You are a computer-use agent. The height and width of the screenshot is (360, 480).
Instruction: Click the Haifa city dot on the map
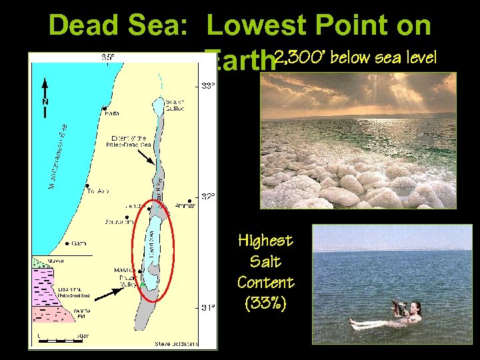point(105,107)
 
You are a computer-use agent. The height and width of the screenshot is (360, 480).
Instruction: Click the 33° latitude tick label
point(209,85)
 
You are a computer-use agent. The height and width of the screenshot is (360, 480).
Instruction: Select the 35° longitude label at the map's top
point(108,57)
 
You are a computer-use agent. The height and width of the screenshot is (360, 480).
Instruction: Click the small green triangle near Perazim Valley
point(142,285)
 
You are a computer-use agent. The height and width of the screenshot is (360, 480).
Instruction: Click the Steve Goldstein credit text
point(177,343)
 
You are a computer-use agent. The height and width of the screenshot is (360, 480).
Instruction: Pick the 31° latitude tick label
point(209,307)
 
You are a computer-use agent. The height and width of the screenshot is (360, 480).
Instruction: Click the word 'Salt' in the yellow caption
point(265,261)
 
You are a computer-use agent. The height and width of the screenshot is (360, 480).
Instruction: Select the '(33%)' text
point(265,303)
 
